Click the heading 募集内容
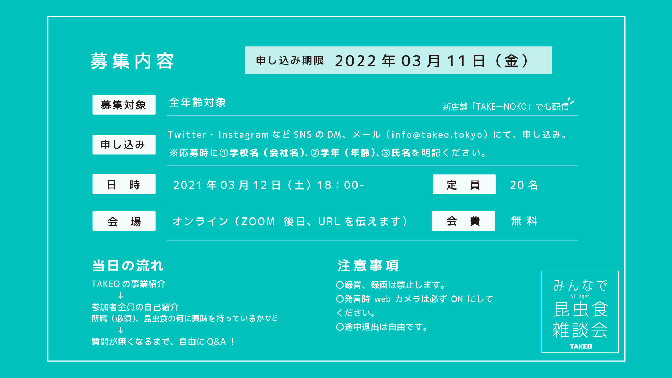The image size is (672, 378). pyautogui.click(x=132, y=61)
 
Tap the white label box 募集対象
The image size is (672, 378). pyautogui.click(x=124, y=105)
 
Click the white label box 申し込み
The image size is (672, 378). pyautogui.click(x=124, y=144)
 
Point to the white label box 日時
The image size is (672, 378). pyautogui.click(x=124, y=184)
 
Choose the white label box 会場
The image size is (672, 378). pyautogui.click(x=124, y=221)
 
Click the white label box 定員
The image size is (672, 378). pyautogui.click(x=464, y=185)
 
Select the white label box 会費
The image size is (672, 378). pyautogui.click(x=463, y=221)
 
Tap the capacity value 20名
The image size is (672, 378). pyautogui.click(x=524, y=185)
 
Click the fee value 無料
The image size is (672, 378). pyautogui.click(x=524, y=221)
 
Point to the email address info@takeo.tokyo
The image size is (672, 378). pyautogui.click(x=437, y=135)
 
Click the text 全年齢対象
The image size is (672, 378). pyautogui.click(x=197, y=102)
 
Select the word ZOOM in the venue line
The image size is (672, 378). pyautogui.click(x=258, y=221)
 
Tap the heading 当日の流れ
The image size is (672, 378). pyautogui.click(x=128, y=266)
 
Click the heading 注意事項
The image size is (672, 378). pyautogui.click(x=368, y=266)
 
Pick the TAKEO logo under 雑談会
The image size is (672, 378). pyautogui.click(x=580, y=347)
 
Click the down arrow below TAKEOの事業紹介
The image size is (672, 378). pyautogui.click(x=121, y=295)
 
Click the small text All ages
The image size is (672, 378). pyautogui.click(x=580, y=297)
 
